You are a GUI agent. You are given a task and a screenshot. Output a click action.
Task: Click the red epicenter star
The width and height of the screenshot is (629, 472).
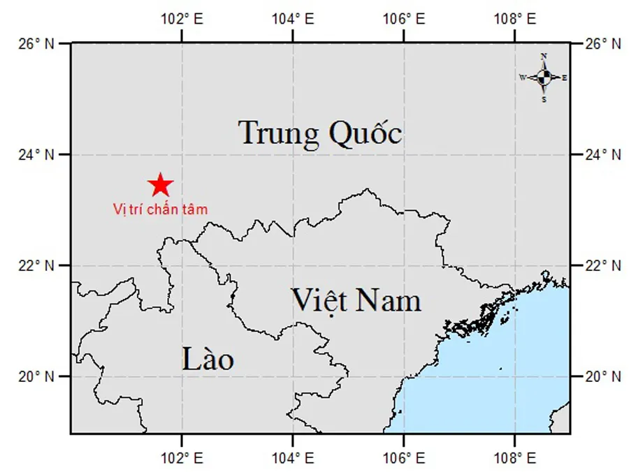pyautogui.click(x=160, y=185)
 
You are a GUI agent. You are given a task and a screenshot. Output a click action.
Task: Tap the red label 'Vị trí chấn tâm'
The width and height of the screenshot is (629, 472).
pyautogui.click(x=160, y=208)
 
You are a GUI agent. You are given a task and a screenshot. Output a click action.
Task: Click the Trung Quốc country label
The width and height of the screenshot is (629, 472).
pyautogui.click(x=320, y=133)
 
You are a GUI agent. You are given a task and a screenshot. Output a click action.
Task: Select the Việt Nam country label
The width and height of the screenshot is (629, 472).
pyautogui.click(x=356, y=300)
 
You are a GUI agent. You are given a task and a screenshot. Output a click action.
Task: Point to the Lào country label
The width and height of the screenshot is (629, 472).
pyautogui.click(x=208, y=360)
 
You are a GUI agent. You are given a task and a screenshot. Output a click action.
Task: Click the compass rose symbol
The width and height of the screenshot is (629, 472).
pyautogui.click(x=544, y=78)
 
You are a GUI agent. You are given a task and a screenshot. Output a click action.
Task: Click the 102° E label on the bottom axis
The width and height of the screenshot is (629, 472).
pyautogui.click(x=182, y=458)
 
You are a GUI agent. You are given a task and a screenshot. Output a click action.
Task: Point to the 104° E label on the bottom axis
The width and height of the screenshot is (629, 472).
pyautogui.click(x=293, y=458)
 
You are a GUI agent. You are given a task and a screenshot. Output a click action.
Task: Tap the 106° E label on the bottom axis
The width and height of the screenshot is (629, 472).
pyautogui.click(x=404, y=458)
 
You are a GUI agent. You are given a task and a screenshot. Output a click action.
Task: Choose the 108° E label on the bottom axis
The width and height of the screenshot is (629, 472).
pyautogui.click(x=514, y=458)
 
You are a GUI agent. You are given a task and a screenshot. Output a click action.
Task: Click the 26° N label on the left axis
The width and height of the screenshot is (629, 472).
pyautogui.click(x=36, y=43)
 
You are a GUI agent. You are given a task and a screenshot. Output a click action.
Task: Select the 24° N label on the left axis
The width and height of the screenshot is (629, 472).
pyautogui.click(x=36, y=154)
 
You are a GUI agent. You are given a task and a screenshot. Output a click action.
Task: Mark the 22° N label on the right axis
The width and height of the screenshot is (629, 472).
pyautogui.click(x=602, y=265)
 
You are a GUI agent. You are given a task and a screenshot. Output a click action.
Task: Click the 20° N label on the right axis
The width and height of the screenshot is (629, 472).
pyautogui.click(x=602, y=376)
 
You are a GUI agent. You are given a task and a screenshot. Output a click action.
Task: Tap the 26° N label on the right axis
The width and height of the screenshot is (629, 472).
pyautogui.click(x=602, y=43)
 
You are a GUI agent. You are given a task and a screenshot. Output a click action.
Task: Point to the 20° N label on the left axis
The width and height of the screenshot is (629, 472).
pyautogui.click(x=36, y=376)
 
